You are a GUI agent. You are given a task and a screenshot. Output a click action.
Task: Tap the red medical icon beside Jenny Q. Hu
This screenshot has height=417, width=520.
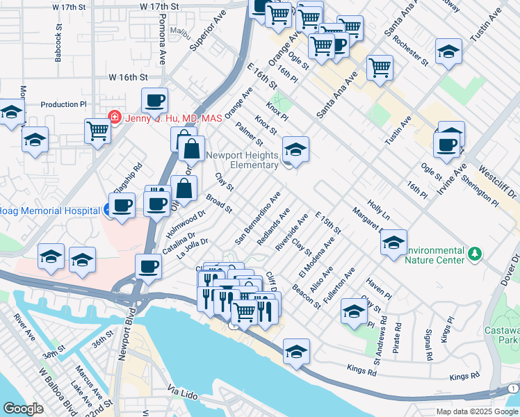tap(115, 117)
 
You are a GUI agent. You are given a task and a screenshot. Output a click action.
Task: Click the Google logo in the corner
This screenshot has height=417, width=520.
tap(23, 409)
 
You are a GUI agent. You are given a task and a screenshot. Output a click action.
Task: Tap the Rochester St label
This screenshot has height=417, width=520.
tap(409, 49)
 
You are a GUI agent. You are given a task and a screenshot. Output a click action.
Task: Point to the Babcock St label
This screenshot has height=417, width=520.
tap(58, 44)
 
